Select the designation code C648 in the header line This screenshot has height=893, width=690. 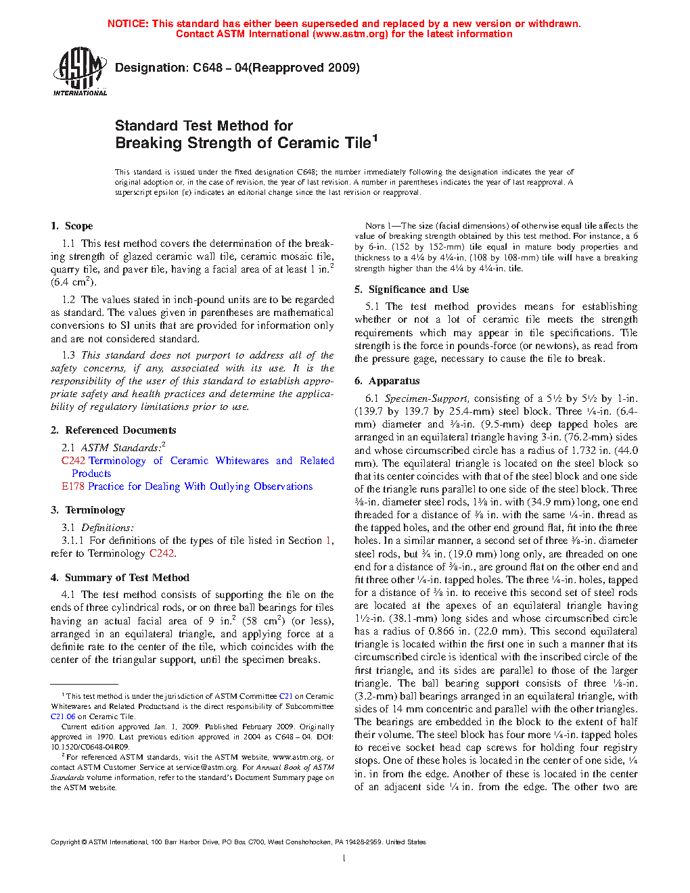point(207,68)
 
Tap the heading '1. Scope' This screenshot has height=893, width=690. point(72,226)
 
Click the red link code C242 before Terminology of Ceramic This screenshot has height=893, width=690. point(73,461)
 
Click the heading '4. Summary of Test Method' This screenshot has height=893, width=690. point(120,578)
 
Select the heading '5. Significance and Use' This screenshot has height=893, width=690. point(411,290)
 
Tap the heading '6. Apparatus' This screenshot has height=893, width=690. point(387,381)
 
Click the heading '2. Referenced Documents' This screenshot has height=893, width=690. point(113,430)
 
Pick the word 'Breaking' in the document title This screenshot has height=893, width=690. point(149,143)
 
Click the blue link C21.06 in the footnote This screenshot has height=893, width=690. point(63,716)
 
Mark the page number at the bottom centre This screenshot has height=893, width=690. point(344,858)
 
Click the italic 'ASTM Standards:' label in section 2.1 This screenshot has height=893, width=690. point(122,448)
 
